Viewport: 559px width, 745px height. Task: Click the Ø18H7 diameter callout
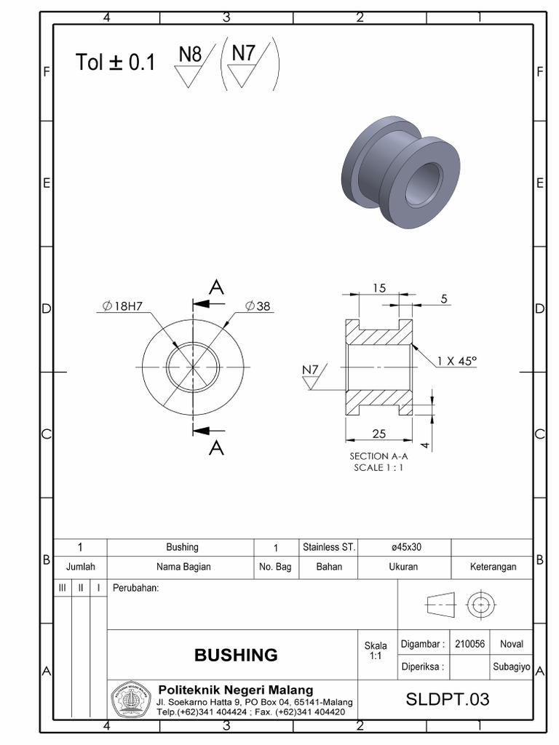click(123, 306)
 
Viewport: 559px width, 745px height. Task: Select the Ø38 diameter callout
click(258, 306)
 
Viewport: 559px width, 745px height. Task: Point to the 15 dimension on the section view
click(379, 287)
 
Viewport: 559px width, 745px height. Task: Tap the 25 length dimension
click(378, 434)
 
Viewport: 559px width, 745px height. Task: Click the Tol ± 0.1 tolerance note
click(115, 63)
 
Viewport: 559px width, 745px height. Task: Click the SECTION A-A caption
click(378, 456)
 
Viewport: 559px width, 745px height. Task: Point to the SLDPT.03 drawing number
click(448, 700)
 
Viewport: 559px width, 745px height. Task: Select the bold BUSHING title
click(236, 655)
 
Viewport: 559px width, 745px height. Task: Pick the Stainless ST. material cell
click(329, 547)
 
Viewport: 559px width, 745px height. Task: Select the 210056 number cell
click(469, 644)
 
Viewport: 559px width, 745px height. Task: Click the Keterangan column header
click(492, 567)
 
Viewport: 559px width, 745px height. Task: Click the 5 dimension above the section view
click(444, 298)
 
